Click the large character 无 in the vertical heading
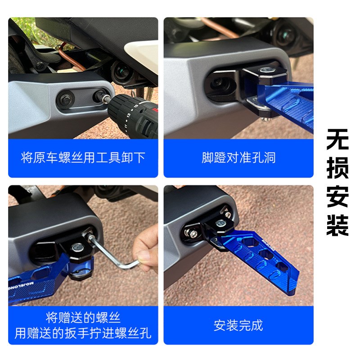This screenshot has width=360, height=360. coord(337,141)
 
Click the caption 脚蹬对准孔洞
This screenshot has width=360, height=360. coord(238,158)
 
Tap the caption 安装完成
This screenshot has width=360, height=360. coord(238,325)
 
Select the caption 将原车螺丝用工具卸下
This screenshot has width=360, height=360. coord(83,158)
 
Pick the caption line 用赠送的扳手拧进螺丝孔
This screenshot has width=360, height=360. coord(83,333)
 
